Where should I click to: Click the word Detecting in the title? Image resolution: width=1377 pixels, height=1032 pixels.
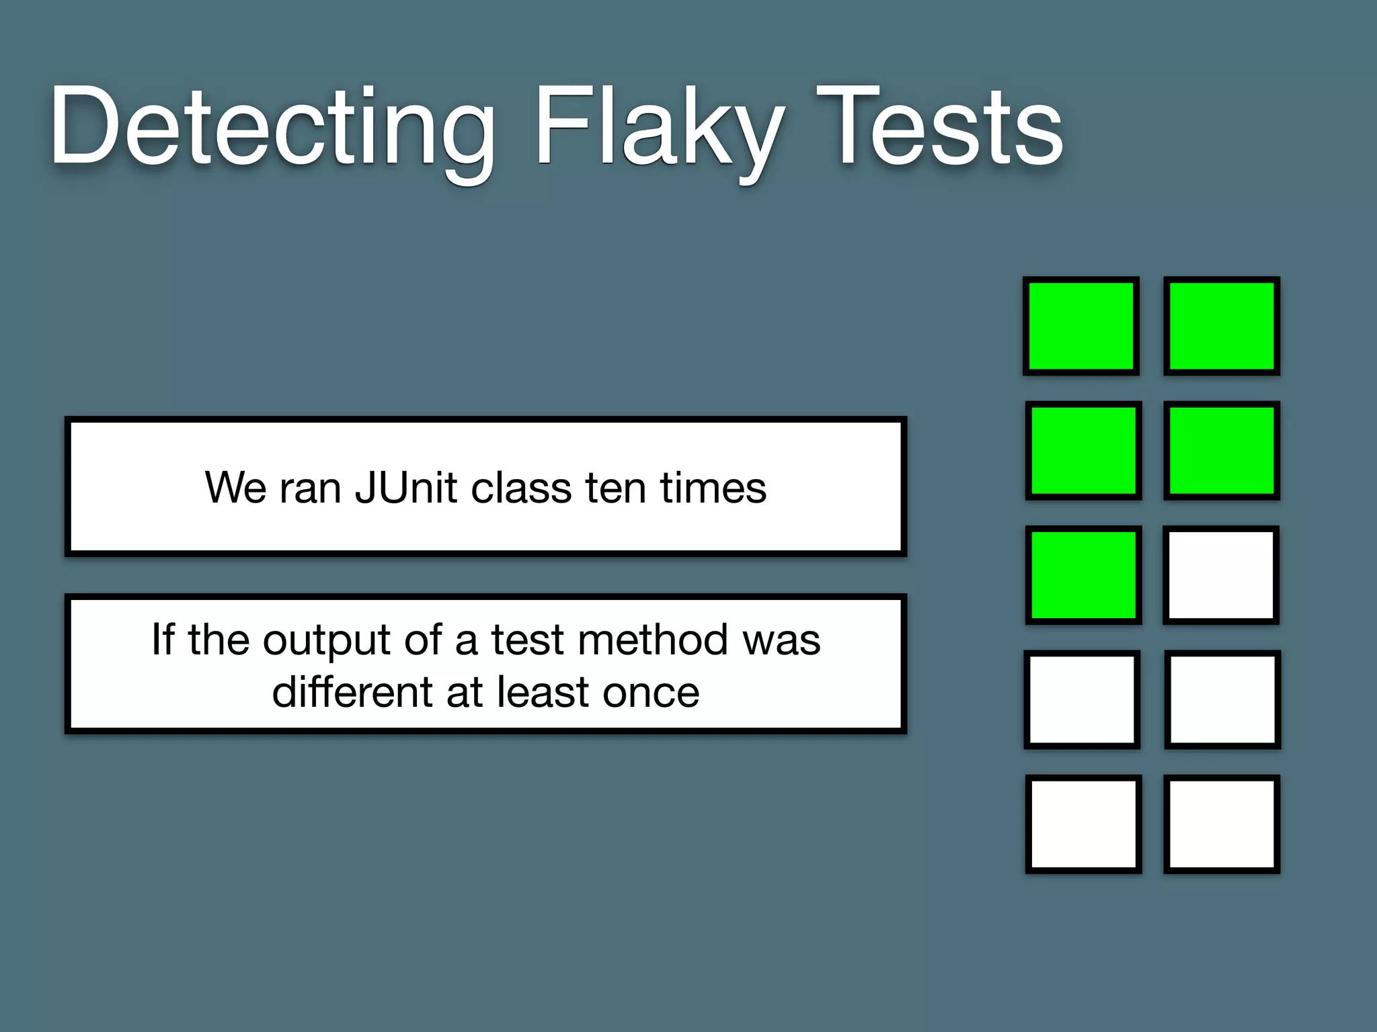pos(272,128)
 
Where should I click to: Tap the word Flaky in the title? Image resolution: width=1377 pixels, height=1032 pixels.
pos(659,128)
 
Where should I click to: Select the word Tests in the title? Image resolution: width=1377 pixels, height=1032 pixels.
pos(940,128)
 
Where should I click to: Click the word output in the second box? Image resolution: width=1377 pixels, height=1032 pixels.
pos(327,640)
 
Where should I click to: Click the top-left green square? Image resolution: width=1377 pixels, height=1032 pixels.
pos(1081,326)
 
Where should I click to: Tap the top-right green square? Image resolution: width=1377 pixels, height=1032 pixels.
pos(1222,326)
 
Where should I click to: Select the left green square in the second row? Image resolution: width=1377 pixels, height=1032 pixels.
pos(1083,450)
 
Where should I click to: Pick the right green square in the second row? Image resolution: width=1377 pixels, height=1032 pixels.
pos(1222,450)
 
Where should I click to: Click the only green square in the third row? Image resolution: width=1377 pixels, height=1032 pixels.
pos(1083,575)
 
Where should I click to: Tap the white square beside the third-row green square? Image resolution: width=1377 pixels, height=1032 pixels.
pos(1221,575)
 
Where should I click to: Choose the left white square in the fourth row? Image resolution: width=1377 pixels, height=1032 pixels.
pos(1082,699)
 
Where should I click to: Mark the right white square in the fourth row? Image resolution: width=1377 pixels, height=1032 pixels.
pos(1222,699)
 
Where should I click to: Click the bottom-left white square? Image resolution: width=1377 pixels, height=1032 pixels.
pos(1083,824)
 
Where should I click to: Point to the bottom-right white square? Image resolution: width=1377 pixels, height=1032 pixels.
pos(1222,824)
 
